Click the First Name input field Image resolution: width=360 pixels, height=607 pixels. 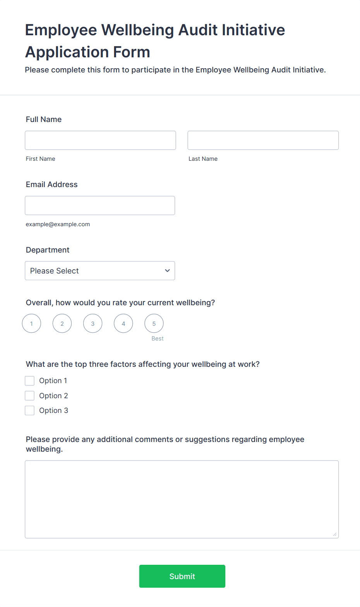pyautogui.click(x=100, y=140)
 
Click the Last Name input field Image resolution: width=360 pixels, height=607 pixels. pyautogui.click(x=263, y=140)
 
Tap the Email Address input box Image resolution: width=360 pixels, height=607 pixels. pyautogui.click(x=100, y=205)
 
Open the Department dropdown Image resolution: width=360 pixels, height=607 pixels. pyautogui.click(x=100, y=271)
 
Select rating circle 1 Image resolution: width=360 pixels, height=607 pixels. pyautogui.click(x=31, y=323)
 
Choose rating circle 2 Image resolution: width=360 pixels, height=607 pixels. pyautogui.click(x=62, y=323)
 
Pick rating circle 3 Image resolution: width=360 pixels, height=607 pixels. pyautogui.click(x=93, y=323)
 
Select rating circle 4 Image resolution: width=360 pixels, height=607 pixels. pyautogui.click(x=123, y=323)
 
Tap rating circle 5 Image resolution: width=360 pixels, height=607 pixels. pyautogui.click(x=154, y=323)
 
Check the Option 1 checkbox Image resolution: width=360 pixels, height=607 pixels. pyautogui.click(x=30, y=381)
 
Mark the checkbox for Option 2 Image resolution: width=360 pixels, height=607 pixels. pyautogui.click(x=30, y=395)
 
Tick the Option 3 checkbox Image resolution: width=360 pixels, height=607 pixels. pyautogui.click(x=30, y=411)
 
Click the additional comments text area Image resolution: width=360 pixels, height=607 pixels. pyautogui.click(x=182, y=499)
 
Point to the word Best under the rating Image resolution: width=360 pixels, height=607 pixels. pyautogui.click(x=157, y=339)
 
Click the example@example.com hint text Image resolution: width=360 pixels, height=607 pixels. pyautogui.click(x=58, y=224)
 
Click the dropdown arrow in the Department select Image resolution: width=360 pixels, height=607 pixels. pyautogui.click(x=167, y=271)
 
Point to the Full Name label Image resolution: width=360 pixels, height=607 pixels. pyautogui.click(x=44, y=119)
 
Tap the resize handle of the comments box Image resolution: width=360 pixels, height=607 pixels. pyautogui.click(x=335, y=535)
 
